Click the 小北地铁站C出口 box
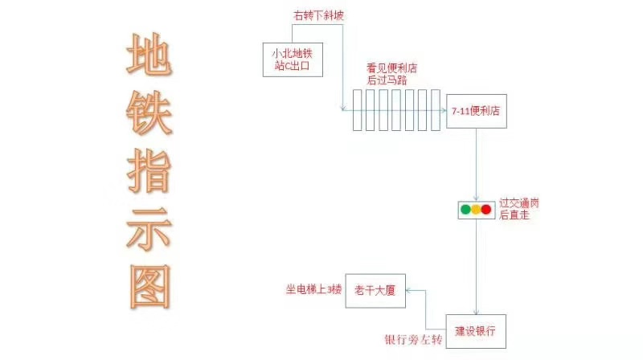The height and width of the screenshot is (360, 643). (293, 58)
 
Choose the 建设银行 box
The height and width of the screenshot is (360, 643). (476, 330)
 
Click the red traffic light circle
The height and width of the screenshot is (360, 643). (486, 210)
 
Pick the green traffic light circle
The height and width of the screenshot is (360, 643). (465, 210)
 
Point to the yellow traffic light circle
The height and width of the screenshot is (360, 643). (476, 210)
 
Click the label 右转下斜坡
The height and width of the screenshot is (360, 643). (315, 15)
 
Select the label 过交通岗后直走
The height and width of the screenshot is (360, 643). (518, 209)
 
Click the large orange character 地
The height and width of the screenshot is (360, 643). (149, 57)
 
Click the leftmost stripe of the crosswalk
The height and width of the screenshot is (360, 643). (358, 111)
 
